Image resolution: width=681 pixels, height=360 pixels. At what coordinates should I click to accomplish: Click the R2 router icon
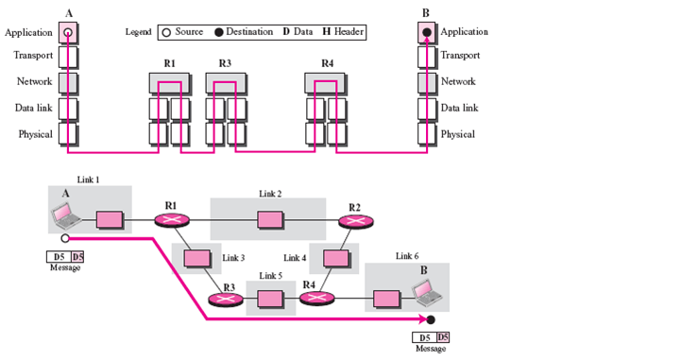pos(356,221)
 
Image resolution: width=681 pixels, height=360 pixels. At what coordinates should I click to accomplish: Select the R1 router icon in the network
pos(172,220)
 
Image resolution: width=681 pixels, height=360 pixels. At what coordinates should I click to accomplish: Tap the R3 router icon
pos(226,300)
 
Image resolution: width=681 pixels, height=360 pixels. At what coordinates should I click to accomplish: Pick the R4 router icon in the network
pos(317,298)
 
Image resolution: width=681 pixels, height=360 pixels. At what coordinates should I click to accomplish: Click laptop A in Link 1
pos(66,215)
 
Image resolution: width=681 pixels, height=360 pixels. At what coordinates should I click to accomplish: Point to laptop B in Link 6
pos(427,293)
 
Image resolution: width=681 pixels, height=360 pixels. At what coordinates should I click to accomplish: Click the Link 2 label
pos(270,194)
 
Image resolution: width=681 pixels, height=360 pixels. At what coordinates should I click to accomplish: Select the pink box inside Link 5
pos(270,300)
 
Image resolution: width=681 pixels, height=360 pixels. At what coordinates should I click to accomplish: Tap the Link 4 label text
pos(295,258)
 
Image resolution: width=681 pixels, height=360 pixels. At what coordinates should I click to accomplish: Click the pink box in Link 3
pos(197,258)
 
